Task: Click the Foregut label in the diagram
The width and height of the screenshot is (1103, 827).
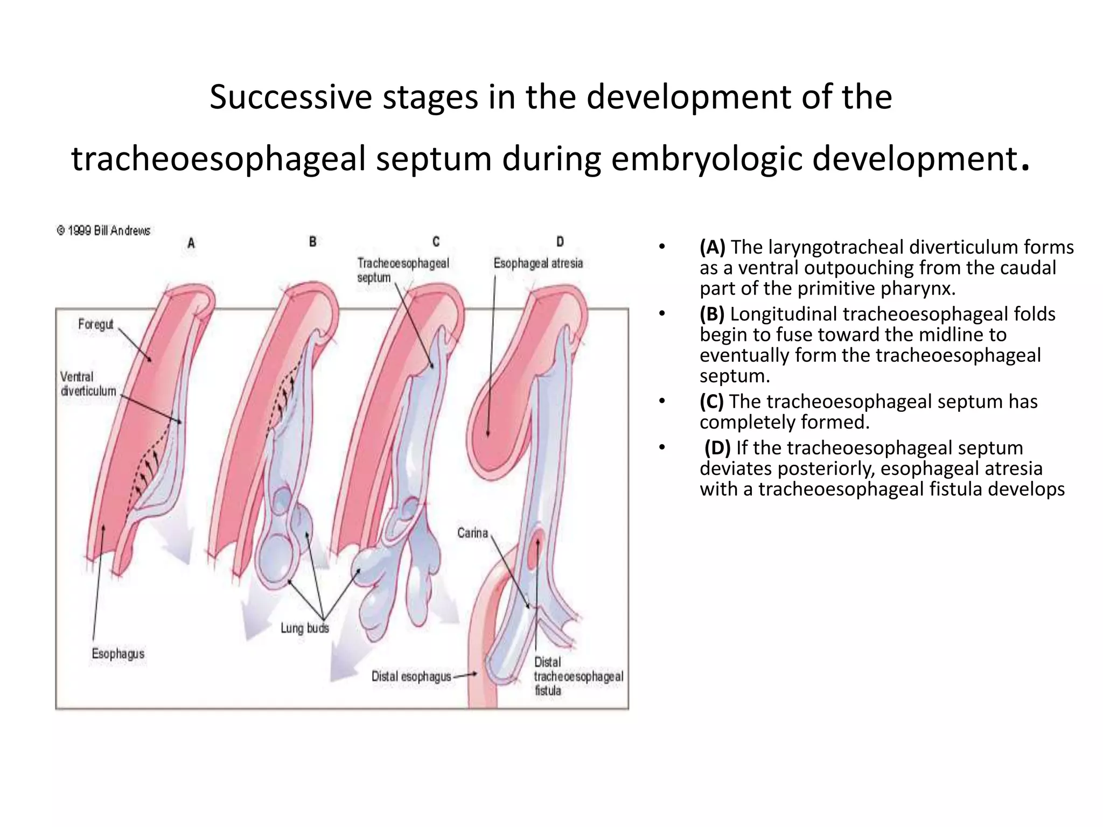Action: pyautogui.click(x=96, y=324)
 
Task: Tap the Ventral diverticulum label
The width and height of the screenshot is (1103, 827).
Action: pyautogui.click(x=88, y=384)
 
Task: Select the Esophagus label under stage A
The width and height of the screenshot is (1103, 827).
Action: pyautogui.click(x=118, y=654)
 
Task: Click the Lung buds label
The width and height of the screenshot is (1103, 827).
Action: pyautogui.click(x=304, y=628)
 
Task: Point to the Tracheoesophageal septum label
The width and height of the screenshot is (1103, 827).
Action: pyautogui.click(x=402, y=270)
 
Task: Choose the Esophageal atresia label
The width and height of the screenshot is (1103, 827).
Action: pyautogui.click(x=538, y=263)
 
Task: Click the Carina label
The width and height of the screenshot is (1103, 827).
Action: pyautogui.click(x=472, y=533)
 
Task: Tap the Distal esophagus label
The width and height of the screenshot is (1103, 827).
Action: pyautogui.click(x=411, y=676)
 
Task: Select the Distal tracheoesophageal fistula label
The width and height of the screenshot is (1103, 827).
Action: pyautogui.click(x=577, y=676)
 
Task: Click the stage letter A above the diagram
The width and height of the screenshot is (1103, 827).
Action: pyautogui.click(x=191, y=243)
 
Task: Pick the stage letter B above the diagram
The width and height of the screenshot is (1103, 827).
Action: pyautogui.click(x=312, y=242)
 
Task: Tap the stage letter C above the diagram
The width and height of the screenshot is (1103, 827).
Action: pyautogui.click(x=436, y=242)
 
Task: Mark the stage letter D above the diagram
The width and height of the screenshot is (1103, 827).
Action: pyautogui.click(x=560, y=242)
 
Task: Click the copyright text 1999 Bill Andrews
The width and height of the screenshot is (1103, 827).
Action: pyautogui.click(x=104, y=230)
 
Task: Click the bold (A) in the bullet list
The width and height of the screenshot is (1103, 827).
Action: pyautogui.click(x=712, y=247)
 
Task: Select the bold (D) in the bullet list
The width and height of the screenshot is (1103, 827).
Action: pyautogui.click(x=717, y=447)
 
